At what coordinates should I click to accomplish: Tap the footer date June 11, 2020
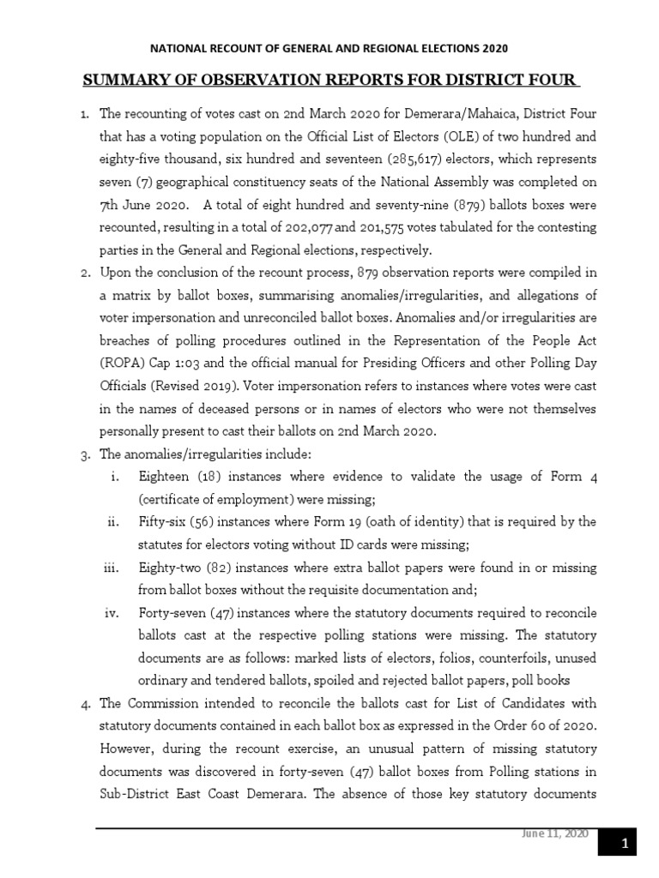[x=563, y=835]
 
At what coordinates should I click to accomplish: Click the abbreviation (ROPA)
[x=124, y=363]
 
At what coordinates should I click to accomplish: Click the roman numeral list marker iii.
[x=115, y=568]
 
